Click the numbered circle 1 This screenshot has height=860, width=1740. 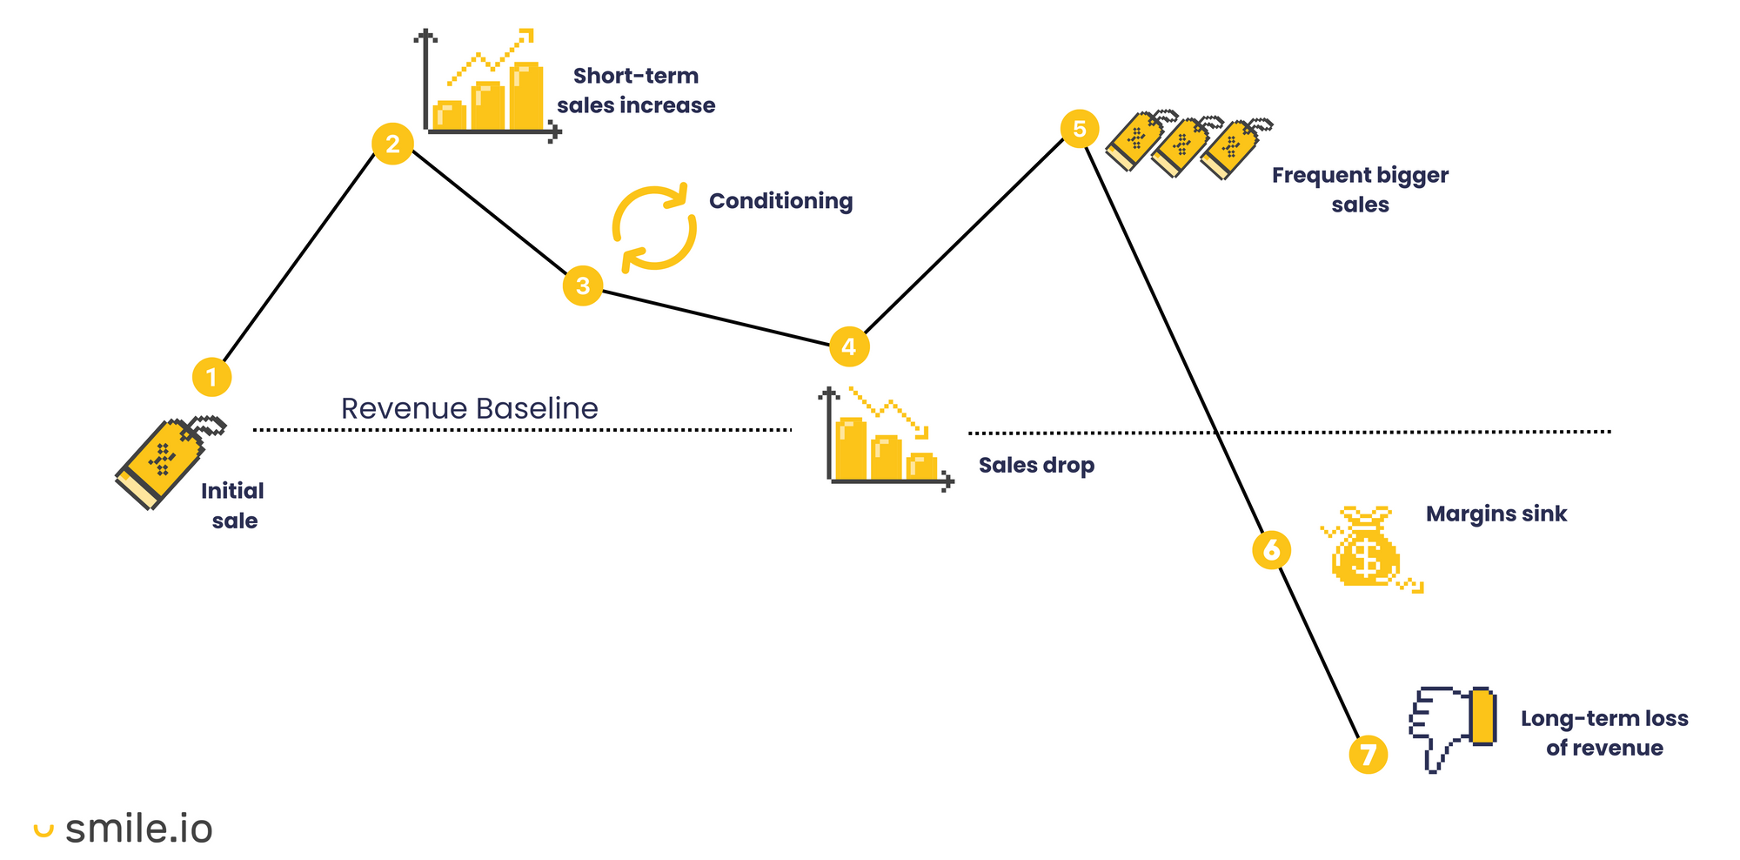(x=211, y=377)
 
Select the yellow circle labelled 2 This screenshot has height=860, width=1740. (x=392, y=144)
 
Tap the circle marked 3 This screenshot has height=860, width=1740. (x=583, y=286)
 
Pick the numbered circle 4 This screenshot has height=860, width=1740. (x=849, y=346)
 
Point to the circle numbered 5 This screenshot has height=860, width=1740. (x=1080, y=129)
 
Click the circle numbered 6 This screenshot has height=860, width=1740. (x=1271, y=550)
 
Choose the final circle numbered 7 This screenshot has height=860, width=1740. (x=1369, y=754)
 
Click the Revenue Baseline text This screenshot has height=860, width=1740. (x=469, y=408)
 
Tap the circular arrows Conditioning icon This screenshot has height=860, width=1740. (x=654, y=227)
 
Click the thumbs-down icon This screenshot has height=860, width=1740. (x=1452, y=728)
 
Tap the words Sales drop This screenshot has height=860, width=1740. (x=1036, y=465)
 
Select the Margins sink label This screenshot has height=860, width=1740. (x=1496, y=514)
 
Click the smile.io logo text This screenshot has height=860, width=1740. (x=138, y=829)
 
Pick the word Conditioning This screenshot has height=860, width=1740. (x=780, y=201)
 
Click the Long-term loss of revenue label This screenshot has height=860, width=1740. (x=1603, y=733)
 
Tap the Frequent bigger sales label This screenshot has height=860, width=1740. (x=1360, y=190)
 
